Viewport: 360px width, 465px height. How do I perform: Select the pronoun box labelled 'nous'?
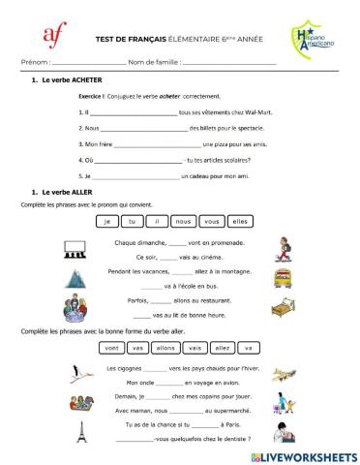point(184,221)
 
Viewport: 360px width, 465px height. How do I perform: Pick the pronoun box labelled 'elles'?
point(240,221)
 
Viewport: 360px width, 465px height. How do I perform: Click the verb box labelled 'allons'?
point(166,347)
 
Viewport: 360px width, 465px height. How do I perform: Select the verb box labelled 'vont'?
point(112,347)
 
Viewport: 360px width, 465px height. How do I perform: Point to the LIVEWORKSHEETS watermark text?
point(308,455)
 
